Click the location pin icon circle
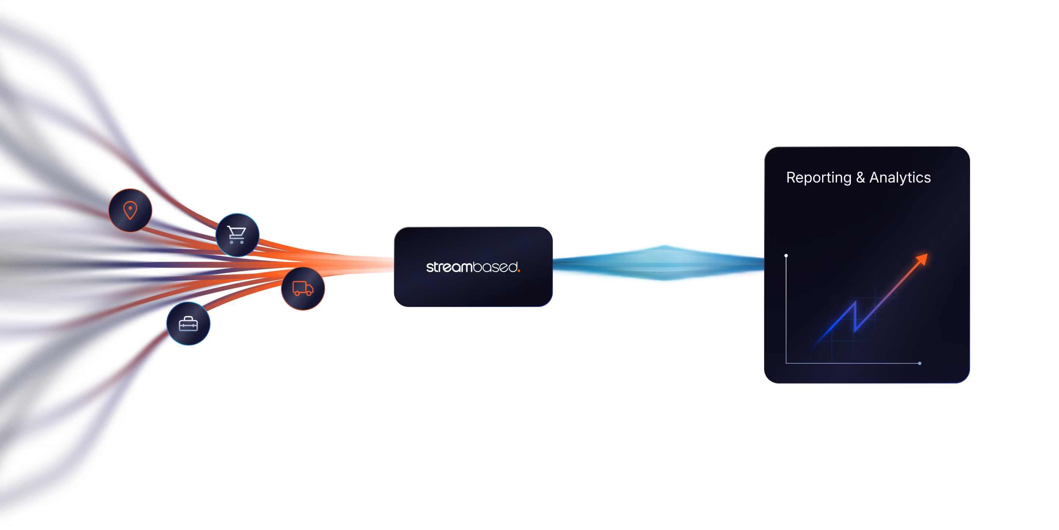(130, 210)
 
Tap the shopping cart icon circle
(237, 235)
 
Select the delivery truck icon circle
(303, 289)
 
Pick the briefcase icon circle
(188, 324)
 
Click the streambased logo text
(473, 267)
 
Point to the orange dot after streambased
(519, 271)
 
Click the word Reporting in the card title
(819, 178)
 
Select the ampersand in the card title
(860, 178)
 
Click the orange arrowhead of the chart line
(923, 259)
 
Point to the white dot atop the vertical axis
(786, 255)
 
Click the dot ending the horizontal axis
(920, 363)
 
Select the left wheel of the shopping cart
(231, 243)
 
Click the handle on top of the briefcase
(188, 318)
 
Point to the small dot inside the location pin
(130, 208)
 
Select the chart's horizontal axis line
(851, 363)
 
